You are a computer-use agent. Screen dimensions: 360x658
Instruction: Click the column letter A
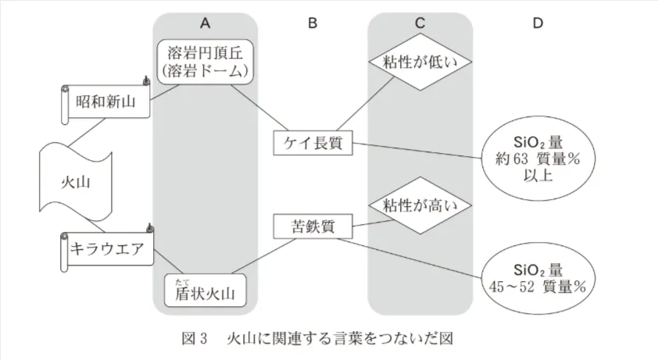[205, 23]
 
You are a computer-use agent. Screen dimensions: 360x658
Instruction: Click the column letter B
[313, 23]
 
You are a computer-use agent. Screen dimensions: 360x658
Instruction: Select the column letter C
[420, 23]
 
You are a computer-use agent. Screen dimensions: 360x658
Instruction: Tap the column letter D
[538, 23]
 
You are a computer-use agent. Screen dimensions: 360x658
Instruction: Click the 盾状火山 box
[205, 294]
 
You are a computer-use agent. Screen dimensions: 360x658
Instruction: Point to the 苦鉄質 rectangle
[313, 227]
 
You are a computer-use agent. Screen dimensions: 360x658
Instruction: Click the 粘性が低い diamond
[420, 62]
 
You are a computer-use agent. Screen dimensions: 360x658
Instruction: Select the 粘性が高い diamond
[420, 206]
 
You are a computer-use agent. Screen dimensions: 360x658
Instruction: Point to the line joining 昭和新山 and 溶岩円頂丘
[166, 92]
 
